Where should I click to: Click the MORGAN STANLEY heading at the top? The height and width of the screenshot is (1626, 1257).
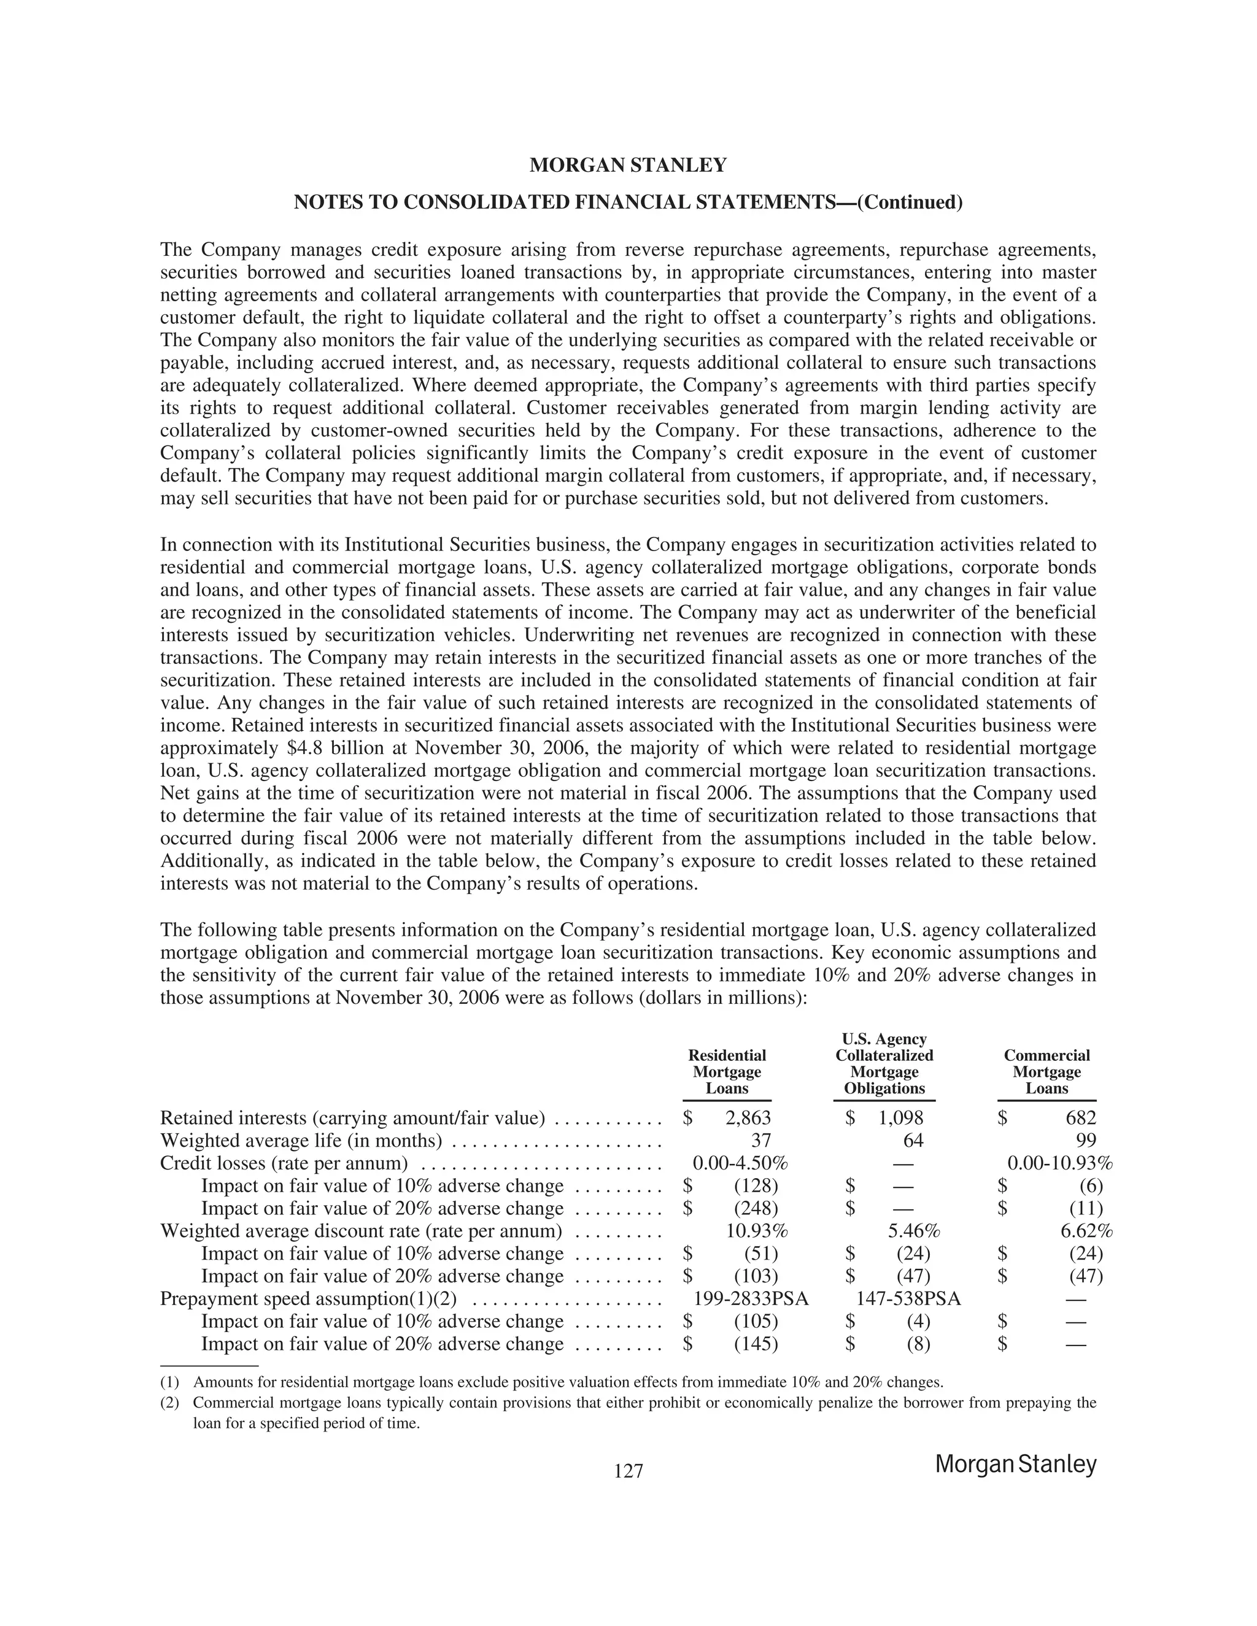628,165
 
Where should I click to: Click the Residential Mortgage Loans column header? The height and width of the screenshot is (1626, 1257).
727,1071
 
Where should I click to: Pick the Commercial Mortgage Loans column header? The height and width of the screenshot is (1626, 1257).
1046,1071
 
